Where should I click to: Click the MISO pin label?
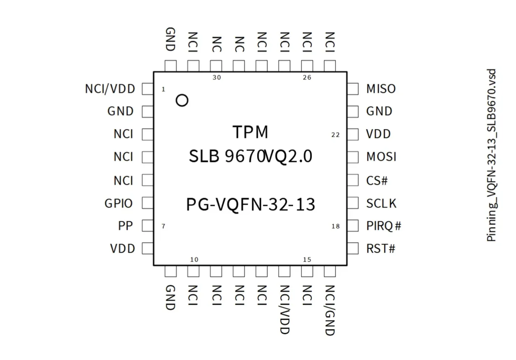coord(381,89)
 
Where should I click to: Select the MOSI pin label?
coord(381,157)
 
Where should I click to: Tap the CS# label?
coord(377,180)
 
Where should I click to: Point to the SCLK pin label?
coord(381,203)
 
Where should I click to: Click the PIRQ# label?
coord(384,226)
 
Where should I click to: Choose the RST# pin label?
coord(381,249)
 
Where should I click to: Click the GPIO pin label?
coord(119,203)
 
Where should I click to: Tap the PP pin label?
coord(125,226)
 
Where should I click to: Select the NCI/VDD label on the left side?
coord(110,89)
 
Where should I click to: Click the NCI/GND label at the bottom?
coord(330,310)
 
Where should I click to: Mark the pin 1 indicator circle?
coord(182,100)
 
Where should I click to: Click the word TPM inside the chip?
coord(250,132)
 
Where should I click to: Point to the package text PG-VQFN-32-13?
coord(250,205)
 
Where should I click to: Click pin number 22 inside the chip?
coord(335,135)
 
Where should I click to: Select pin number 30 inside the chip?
coord(217,78)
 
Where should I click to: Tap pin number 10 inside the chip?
coord(194,260)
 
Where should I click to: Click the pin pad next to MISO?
coord(353,89)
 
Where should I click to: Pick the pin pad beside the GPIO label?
coord(147,203)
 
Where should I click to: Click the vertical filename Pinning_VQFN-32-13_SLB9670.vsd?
coord(491,155)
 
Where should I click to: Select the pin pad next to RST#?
coord(353,249)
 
